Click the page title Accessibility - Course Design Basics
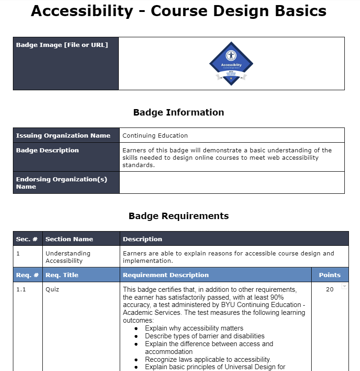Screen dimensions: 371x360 (x=179, y=12)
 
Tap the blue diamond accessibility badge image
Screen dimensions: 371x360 (x=231, y=64)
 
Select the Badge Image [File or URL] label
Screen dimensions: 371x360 (x=62, y=45)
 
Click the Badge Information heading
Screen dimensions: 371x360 (x=179, y=112)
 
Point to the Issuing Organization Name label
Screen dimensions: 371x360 (x=63, y=135)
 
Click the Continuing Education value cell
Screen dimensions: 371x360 (x=155, y=135)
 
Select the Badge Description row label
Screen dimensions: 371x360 (x=47, y=150)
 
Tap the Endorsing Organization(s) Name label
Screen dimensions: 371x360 (x=62, y=183)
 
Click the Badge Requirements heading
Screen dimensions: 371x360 (x=179, y=216)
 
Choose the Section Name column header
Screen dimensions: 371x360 (x=69, y=239)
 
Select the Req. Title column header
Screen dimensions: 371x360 (x=62, y=275)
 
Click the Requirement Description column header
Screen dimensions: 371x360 (x=166, y=275)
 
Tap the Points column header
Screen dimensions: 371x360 (x=330, y=275)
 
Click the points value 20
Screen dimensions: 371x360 (x=330, y=290)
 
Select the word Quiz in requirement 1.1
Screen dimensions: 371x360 (x=52, y=290)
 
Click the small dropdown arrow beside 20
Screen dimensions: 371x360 (x=344, y=286)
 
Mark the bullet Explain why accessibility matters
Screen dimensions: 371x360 (x=194, y=328)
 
